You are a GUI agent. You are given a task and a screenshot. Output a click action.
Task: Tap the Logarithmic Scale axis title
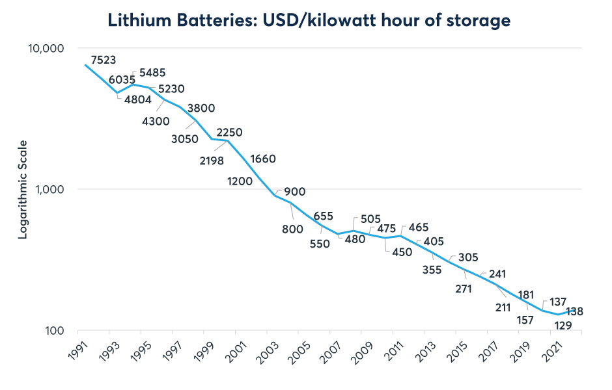(x=23, y=189)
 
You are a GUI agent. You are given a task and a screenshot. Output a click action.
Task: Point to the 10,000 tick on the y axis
(x=45, y=49)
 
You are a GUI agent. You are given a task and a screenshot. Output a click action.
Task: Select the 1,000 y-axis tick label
(x=49, y=189)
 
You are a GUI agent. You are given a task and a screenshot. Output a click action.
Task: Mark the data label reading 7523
(x=104, y=60)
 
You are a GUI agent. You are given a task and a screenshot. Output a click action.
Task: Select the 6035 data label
(x=122, y=80)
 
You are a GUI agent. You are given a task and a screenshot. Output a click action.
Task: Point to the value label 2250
(x=229, y=133)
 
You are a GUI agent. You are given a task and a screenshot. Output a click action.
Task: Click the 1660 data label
(x=263, y=159)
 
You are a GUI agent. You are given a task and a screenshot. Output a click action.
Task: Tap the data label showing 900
(x=294, y=192)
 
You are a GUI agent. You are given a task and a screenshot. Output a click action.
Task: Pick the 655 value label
(x=324, y=216)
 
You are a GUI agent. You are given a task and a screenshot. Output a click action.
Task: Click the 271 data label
(x=464, y=289)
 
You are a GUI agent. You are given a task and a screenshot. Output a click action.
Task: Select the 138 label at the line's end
(x=574, y=311)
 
